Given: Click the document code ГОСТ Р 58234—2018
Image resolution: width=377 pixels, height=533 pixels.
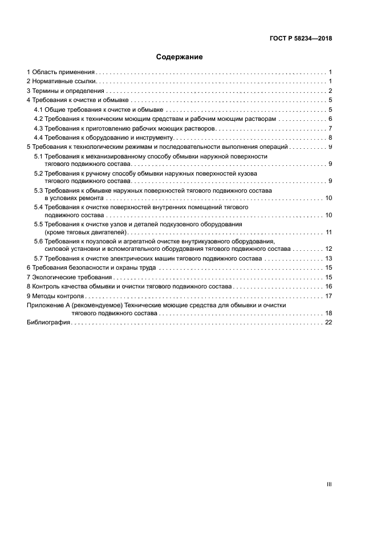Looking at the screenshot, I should pos(301,39).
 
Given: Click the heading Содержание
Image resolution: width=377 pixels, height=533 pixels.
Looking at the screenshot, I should pos(180,57).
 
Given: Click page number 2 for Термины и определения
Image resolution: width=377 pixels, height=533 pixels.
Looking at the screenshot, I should pos(330,91).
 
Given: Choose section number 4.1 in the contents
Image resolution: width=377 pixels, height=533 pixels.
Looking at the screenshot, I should pos(38,109).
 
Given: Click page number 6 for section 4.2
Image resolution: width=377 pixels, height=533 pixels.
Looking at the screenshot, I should pos(330,119).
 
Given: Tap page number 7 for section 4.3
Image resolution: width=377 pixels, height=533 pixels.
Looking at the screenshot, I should pos(330,128).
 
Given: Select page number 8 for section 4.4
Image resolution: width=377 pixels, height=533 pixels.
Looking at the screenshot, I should pos(330,138).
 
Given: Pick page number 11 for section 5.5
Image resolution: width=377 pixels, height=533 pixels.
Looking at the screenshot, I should pos(329,232).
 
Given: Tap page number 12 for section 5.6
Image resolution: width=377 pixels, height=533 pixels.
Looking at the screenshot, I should pos(329,249).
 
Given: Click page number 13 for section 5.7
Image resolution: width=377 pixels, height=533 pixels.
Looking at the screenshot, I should pos(329,258).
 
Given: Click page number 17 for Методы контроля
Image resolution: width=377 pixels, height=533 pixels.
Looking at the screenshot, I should pos(329,296).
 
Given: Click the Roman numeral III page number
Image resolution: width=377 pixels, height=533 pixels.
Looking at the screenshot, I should pos(329,484).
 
